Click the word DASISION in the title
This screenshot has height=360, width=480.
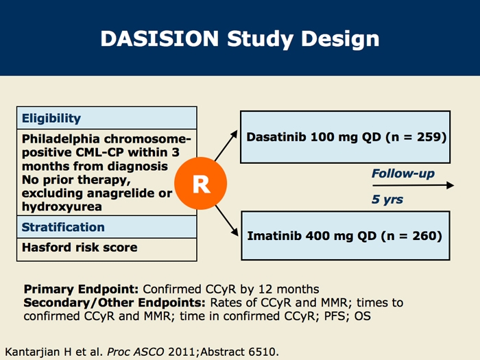pyautogui.click(x=160, y=38)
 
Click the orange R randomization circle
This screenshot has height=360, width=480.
pyautogui.click(x=200, y=183)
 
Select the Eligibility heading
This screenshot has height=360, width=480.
pyautogui.click(x=51, y=119)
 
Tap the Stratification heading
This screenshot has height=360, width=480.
pyautogui.click(x=63, y=227)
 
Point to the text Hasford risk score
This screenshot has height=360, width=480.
pyautogui.click(x=80, y=248)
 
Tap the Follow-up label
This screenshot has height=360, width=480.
pyautogui.click(x=403, y=173)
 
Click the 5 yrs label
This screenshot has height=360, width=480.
pyautogui.click(x=387, y=200)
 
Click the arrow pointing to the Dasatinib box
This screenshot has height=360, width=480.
pyautogui.click(x=226, y=145)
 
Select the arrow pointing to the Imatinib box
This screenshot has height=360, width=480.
pyautogui.click(x=227, y=221)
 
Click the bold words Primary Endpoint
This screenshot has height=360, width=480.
pyautogui.click(x=81, y=289)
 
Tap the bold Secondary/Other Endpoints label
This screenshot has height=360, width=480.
pyautogui.click(x=115, y=303)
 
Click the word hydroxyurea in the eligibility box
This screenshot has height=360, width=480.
pyautogui.click(x=62, y=206)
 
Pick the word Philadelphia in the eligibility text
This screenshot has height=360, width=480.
pyautogui.click(x=61, y=139)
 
